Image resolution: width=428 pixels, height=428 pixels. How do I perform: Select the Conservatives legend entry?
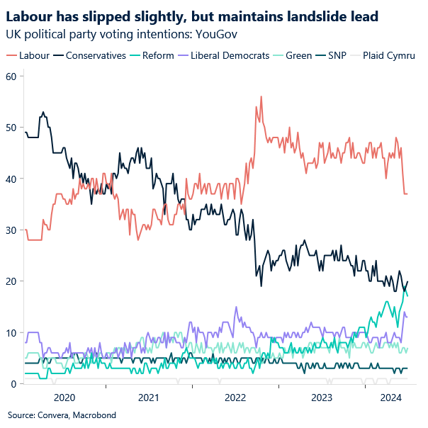click(x=95, y=55)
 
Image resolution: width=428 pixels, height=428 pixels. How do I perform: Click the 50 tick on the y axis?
click(x=11, y=128)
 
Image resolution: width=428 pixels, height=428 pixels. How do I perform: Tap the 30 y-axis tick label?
click(x=11, y=230)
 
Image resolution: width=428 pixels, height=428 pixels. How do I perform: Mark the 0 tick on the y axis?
click(x=13, y=384)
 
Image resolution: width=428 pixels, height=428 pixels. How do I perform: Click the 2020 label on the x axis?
click(x=64, y=398)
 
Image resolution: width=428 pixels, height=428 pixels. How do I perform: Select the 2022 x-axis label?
click(x=236, y=398)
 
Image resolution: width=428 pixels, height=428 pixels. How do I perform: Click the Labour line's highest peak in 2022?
click(x=261, y=96)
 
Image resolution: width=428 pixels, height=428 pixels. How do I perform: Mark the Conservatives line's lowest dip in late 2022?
click(x=261, y=286)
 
